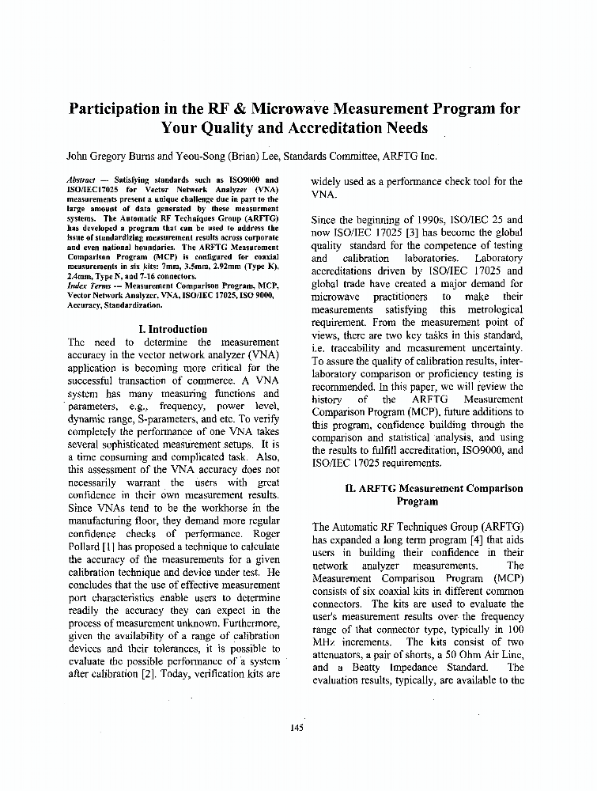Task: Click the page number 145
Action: click(x=297, y=728)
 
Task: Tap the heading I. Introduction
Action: click(x=172, y=329)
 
